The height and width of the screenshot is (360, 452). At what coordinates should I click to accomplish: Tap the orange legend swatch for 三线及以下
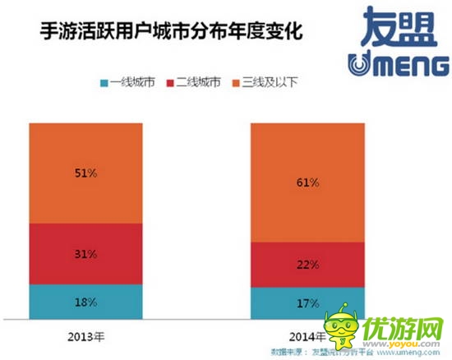pyautogui.click(x=240, y=83)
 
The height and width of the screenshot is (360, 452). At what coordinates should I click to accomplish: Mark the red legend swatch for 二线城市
pyautogui.click(x=173, y=83)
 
